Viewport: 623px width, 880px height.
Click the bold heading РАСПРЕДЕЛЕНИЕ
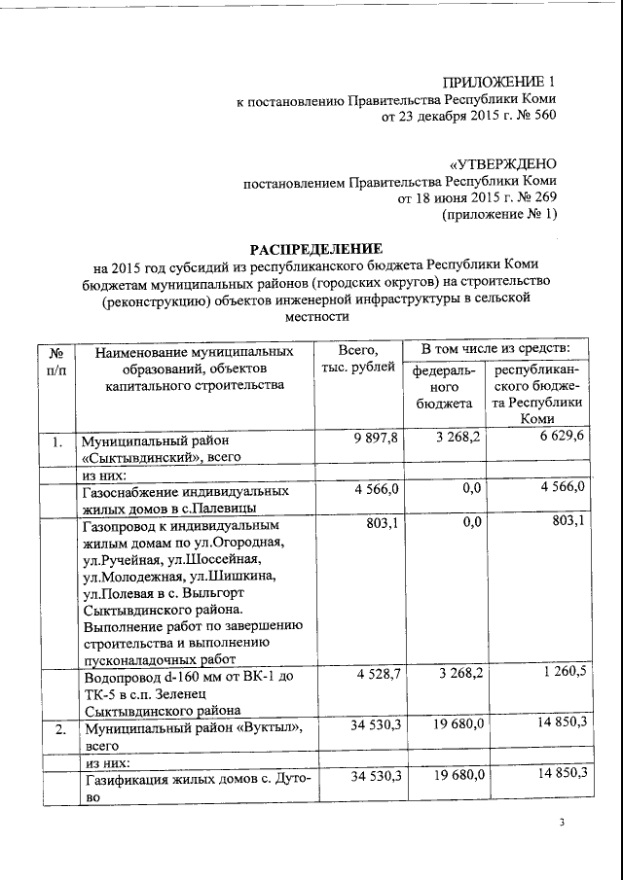[311, 248]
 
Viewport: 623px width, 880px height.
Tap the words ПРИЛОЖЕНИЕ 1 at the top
[498, 81]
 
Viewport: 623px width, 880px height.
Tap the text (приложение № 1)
[499, 216]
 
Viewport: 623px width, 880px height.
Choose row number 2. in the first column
[56, 728]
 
